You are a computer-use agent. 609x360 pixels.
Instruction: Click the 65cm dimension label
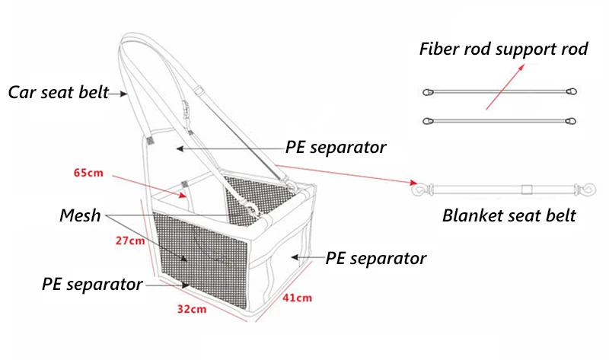pos(88,173)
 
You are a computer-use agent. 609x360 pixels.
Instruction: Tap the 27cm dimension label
pos(130,242)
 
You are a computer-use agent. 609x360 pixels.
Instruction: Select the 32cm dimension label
pos(192,310)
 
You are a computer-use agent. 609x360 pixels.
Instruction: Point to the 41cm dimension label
pos(298,298)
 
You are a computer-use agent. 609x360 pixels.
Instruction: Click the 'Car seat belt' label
pos(58,93)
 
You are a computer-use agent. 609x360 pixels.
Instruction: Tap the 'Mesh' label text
pos(80,215)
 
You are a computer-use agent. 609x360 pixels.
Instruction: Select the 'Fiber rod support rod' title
pos(504,49)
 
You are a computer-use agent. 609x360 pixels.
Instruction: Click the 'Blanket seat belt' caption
pos(509,215)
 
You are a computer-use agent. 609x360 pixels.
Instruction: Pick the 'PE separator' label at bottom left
pos(92,285)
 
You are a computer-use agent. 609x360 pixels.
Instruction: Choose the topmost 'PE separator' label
pos(336,147)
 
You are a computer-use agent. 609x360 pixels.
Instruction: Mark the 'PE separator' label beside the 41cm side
pos(376,258)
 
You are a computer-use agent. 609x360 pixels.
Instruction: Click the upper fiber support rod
pos(499,93)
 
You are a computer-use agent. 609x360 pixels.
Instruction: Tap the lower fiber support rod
pos(499,120)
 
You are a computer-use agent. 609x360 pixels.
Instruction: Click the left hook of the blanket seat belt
pos(417,186)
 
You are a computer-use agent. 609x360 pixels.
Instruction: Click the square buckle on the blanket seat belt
pos(525,187)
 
